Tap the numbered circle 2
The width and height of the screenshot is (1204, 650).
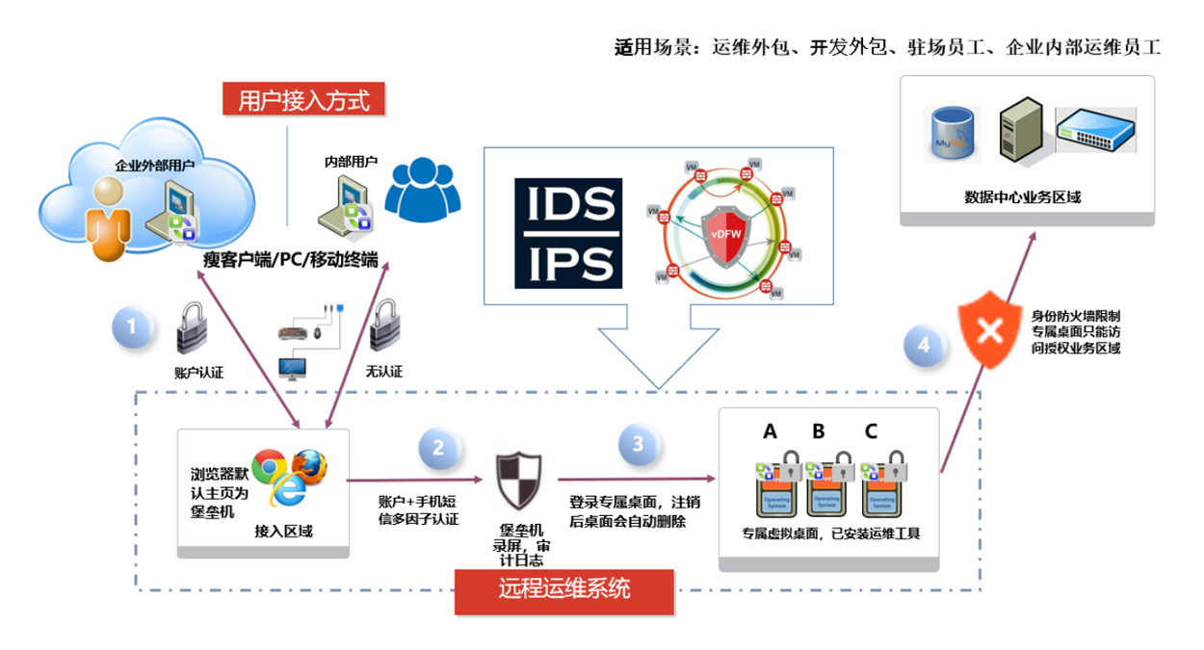(438, 448)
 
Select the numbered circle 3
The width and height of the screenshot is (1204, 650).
(638, 444)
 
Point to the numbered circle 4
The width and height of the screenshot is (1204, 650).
(924, 345)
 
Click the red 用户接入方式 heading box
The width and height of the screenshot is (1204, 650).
(303, 99)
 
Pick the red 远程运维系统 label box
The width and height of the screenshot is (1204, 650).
(563, 587)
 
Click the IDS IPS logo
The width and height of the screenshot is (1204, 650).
(568, 232)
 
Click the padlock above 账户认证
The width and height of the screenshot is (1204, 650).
(193, 330)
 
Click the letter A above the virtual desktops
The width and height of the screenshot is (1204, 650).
(770, 430)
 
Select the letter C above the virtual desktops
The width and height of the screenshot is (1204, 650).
(871, 430)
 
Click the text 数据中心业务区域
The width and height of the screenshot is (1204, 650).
(1024, 196)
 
